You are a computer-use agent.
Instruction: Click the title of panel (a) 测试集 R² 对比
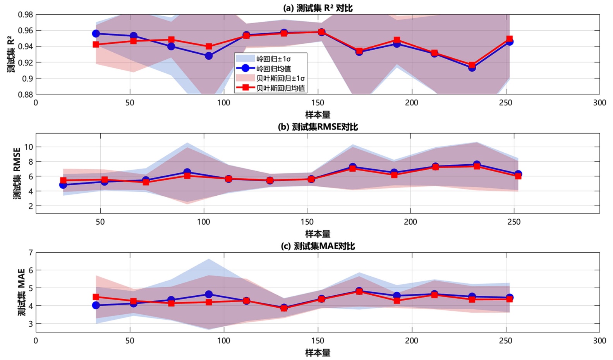tap(318, 8)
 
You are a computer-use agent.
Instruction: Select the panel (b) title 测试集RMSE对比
tap(318, 127)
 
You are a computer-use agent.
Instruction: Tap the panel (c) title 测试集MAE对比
tap(318, 246)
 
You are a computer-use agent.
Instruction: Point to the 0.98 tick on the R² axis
tap(26, 14)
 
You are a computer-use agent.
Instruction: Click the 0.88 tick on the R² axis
tap(26, 94)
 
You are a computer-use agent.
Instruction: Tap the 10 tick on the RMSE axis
tap(28, 147)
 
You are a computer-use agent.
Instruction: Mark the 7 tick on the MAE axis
tap(30, 252)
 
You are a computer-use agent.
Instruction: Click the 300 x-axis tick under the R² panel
tap(599, 103)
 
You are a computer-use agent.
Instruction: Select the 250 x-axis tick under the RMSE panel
tap(514, 222)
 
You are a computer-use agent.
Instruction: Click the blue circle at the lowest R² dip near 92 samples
tap(209, 56)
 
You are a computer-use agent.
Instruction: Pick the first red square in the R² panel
tap(96, 44)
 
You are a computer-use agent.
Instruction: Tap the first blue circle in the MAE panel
tap(96, 305)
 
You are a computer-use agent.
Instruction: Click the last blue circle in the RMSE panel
tap(518, 174)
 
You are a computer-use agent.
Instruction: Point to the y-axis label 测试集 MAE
tap(21, 292)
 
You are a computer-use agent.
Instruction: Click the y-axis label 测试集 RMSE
tap(17, 173)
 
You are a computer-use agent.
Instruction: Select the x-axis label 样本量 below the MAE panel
tap(318, 353)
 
